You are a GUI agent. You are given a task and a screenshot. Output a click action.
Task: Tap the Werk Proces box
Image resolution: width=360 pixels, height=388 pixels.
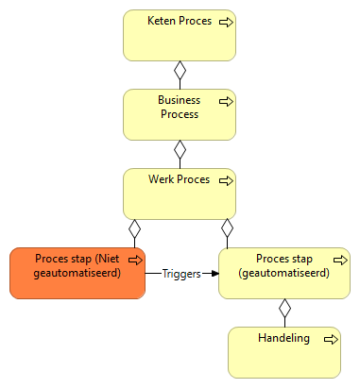pos(179,198)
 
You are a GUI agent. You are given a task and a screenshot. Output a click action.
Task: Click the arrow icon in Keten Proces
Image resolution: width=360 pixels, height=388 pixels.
pos(226,21)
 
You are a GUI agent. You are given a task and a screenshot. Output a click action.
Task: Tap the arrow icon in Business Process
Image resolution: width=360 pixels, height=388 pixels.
pos(226,99)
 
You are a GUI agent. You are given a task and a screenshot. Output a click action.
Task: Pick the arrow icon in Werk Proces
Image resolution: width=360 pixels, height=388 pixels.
pos(226,179)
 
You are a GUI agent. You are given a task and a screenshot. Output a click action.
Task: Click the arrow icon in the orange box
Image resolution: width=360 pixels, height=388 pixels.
pos(135,258)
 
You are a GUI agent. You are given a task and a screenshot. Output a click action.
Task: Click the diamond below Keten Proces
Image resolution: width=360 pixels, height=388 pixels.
pos(180,70)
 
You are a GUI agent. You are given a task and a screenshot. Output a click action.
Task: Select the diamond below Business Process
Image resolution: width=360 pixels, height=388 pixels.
pos(180,149)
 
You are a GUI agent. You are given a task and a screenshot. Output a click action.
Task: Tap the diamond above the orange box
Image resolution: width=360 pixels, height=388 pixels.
pos(135,228)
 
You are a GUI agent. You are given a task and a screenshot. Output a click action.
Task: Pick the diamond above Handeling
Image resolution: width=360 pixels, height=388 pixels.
pos(283,308)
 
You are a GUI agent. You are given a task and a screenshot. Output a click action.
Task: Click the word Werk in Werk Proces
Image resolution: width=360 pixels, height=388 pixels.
pos(163,179)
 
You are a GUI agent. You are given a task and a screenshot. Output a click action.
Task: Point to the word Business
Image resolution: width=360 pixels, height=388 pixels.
pos(179,99)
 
